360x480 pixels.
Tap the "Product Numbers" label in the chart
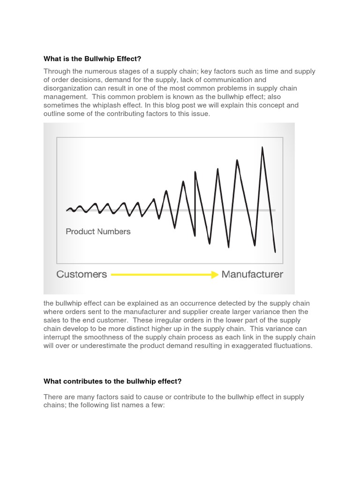coord(98,231)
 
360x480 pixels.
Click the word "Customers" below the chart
coord(82,274)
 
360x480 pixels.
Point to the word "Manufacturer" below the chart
coord(252,274)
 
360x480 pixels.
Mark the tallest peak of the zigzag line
coord(262,148)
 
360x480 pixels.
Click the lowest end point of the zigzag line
coord(275,252)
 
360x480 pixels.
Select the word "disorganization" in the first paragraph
coord(67,89)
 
